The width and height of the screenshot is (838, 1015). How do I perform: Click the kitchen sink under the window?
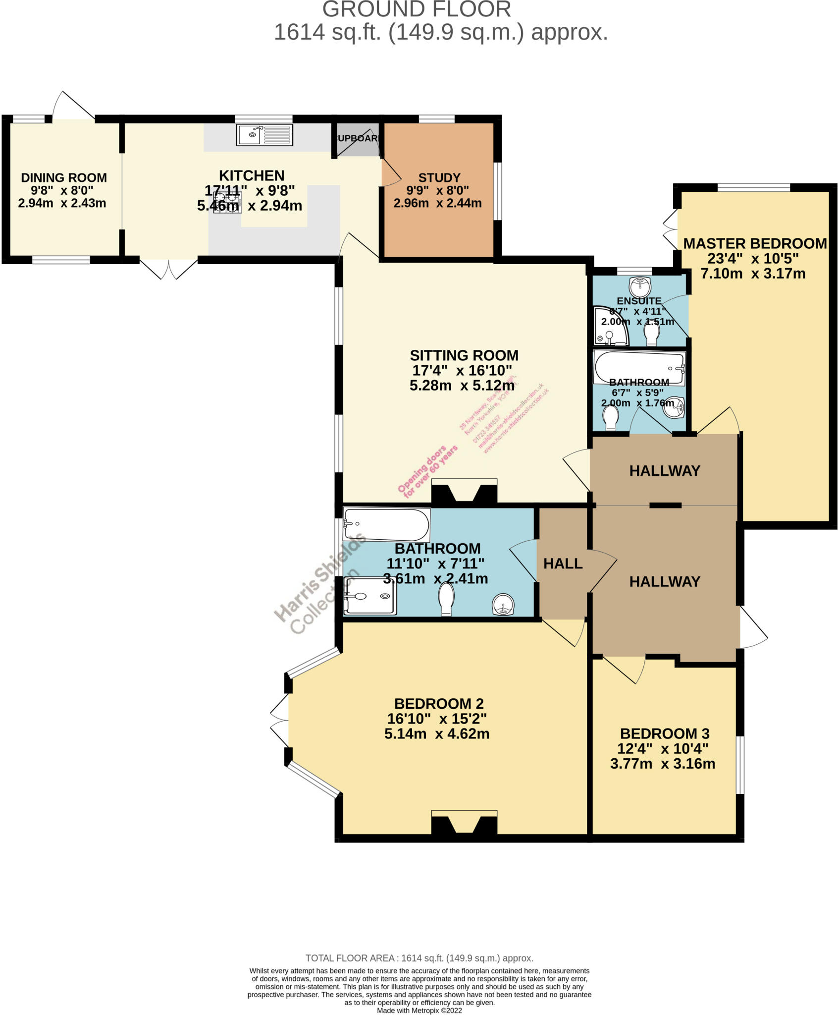click(264, 135)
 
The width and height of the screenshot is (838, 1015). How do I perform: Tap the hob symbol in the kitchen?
click(227, 203)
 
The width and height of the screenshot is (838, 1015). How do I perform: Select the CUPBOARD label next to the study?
click(357, 138)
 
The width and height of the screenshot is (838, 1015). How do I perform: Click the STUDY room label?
click(439, 177)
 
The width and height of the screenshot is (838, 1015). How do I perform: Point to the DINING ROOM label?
click(64, 177)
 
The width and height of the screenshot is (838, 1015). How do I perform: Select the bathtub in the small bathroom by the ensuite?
click(639, 368)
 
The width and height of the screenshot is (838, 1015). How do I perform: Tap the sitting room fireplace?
click(464, 492)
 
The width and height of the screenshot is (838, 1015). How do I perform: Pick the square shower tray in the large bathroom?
click(369, 596)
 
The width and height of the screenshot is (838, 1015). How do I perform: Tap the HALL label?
click(563, 564)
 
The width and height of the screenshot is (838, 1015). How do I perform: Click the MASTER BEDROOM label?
click(755, 243)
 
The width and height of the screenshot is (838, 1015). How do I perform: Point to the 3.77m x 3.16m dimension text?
click(663, 764)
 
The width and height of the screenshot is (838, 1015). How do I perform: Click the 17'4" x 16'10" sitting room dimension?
click(462, 370)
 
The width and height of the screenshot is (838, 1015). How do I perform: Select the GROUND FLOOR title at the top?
click(417, 9)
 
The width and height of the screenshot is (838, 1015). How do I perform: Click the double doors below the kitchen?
click(169, 268)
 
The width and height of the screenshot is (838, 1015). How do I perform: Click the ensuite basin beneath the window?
click(639, 286)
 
